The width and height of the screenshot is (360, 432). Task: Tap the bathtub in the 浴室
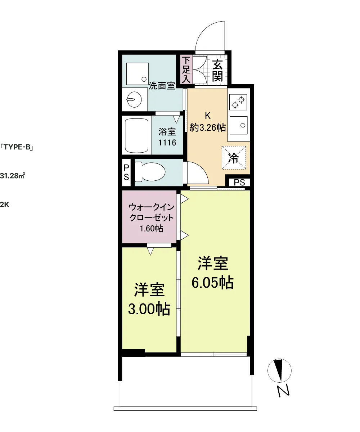137,135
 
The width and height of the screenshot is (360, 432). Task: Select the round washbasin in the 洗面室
135,99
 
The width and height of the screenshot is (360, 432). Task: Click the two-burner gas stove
238,102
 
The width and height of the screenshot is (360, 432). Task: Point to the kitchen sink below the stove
238,125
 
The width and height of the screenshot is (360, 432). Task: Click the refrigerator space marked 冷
234,158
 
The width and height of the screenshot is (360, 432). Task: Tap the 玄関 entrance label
217,70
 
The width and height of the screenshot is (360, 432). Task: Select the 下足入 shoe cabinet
186,69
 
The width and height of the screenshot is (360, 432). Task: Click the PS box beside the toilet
126,172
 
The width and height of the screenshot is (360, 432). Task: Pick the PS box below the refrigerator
239,182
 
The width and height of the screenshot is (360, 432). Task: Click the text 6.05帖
213,282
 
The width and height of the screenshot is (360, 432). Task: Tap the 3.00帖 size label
149,309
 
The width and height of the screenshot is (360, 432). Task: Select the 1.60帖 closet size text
152,229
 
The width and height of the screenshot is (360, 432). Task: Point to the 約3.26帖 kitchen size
207,127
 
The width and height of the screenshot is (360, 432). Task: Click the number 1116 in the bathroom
167,143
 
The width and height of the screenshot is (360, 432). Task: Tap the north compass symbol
279,370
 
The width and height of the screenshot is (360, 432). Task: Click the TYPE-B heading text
17,147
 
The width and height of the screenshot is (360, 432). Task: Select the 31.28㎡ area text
13,176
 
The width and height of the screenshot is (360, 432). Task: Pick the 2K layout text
5,204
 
